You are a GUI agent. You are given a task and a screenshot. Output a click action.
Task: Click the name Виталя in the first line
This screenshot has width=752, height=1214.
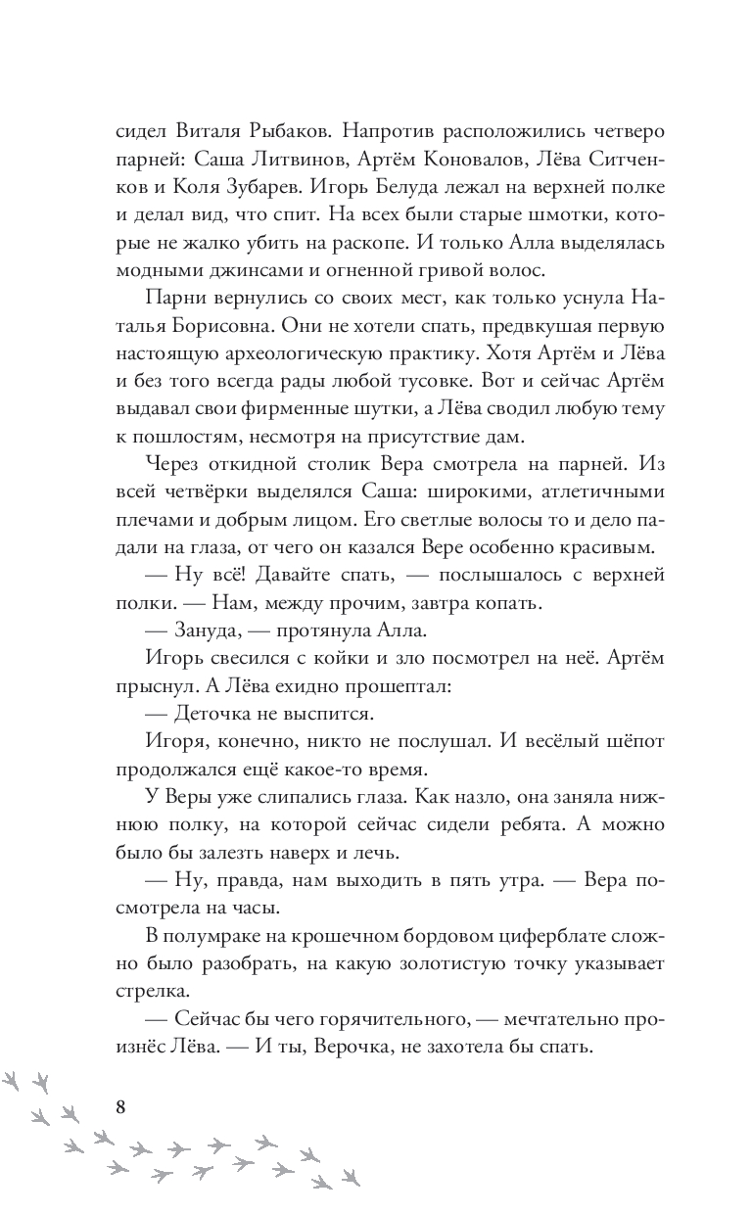pos(211,131)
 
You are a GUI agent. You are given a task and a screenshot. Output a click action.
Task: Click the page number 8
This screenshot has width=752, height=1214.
pos(121,1107)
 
